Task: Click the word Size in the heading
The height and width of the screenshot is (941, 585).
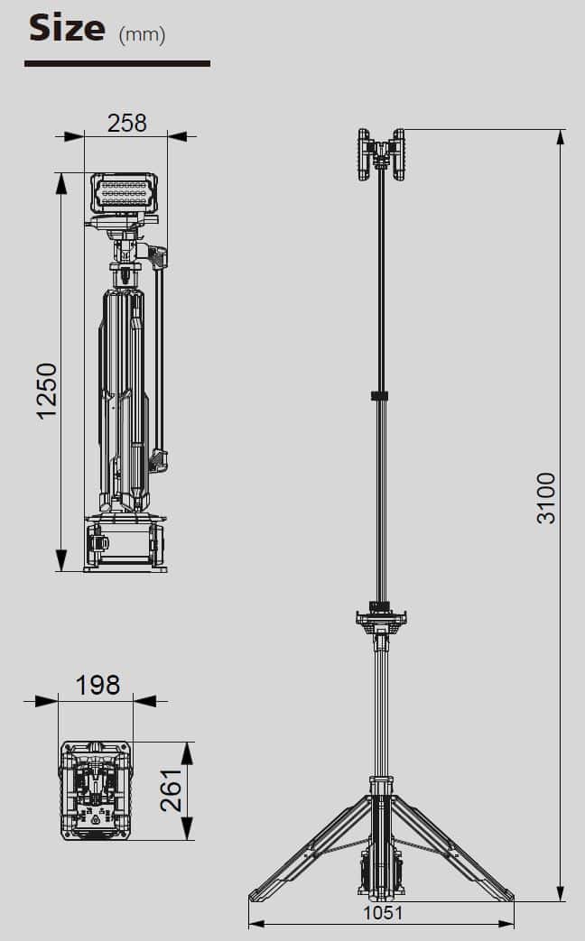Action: tap(67, 28)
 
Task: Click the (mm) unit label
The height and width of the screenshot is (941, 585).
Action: tap(142, 35)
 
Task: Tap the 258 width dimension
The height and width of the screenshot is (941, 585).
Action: tap(126, 123)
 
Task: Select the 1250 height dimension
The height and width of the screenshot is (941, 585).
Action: tap(47, 391)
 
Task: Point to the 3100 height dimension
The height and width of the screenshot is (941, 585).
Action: tap(546, 498)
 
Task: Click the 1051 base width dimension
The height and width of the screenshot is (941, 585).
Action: tap(383, 913)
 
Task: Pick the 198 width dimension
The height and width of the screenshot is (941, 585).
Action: tap(97, 686)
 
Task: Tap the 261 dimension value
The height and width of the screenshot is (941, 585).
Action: tap(172, 789)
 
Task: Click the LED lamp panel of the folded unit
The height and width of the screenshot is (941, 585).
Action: tap(125, 193)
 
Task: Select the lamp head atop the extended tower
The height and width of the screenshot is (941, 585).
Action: tap(381, 154)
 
